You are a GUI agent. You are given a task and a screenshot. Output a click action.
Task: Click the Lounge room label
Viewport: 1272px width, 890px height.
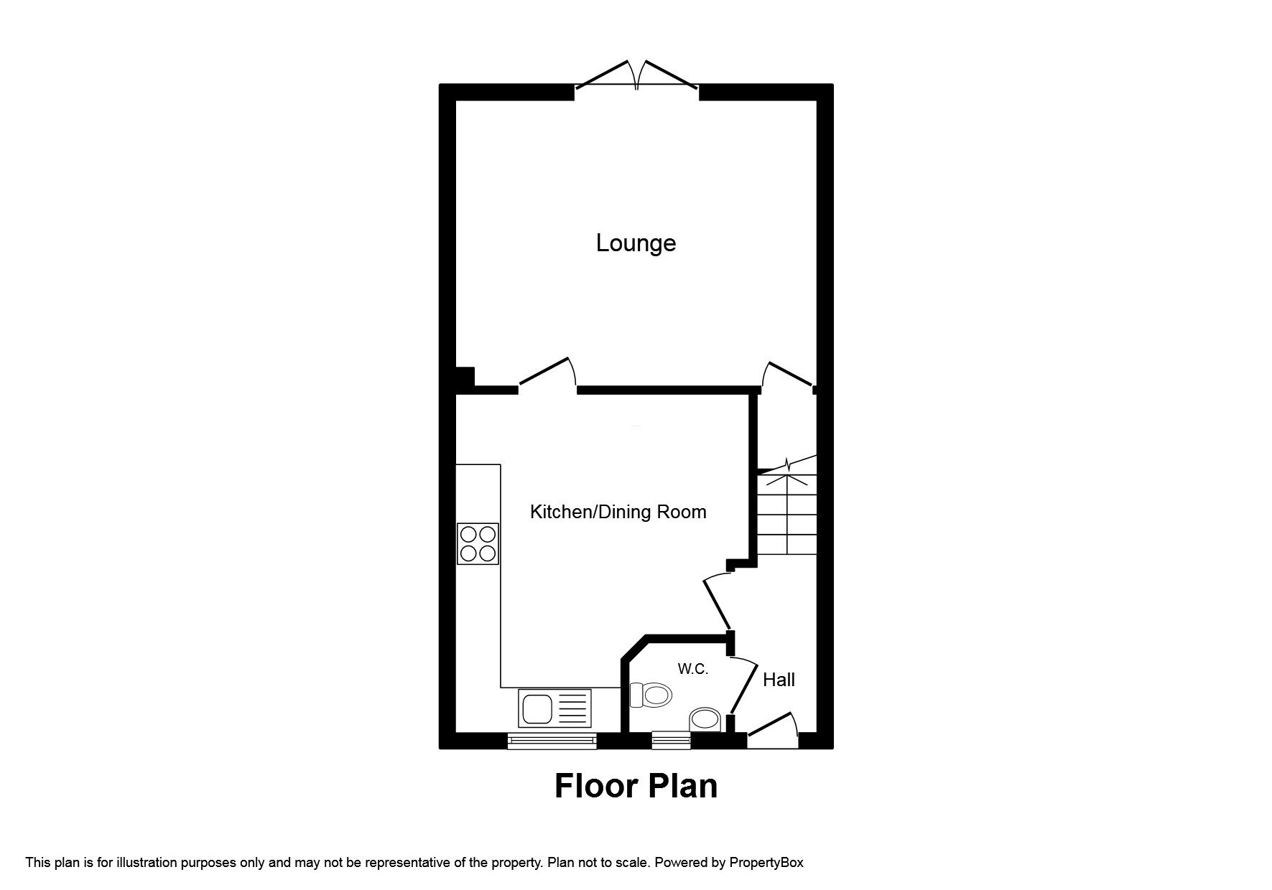coord(636,243)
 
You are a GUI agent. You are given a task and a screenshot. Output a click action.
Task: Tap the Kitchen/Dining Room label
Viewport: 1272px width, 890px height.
coord(618,512)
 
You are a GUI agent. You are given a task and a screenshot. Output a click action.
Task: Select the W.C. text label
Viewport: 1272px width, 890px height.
coord(693,669)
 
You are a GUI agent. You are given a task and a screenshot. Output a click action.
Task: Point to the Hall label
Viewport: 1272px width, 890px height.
coord(779,680)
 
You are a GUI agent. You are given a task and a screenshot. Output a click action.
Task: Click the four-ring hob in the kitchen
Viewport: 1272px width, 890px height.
coord(478,543)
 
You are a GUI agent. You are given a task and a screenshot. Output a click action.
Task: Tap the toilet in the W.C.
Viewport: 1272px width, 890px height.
coord(649,695)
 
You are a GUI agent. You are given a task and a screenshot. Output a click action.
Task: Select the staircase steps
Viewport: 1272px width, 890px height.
coord(786,514)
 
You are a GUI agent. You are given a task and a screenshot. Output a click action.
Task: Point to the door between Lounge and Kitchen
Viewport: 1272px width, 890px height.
coord(548,374)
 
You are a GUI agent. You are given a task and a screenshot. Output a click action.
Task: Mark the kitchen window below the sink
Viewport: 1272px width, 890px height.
coord(552,741)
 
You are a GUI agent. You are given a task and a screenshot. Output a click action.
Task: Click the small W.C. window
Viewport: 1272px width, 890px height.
coord(671,741)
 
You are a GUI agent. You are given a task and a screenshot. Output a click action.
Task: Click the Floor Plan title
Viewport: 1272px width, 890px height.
coord(636,786)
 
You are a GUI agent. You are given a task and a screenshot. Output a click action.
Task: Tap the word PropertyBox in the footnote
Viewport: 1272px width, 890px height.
coord(766,863)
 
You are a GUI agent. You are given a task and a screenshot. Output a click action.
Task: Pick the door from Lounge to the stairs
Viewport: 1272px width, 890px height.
coord(789,375)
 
